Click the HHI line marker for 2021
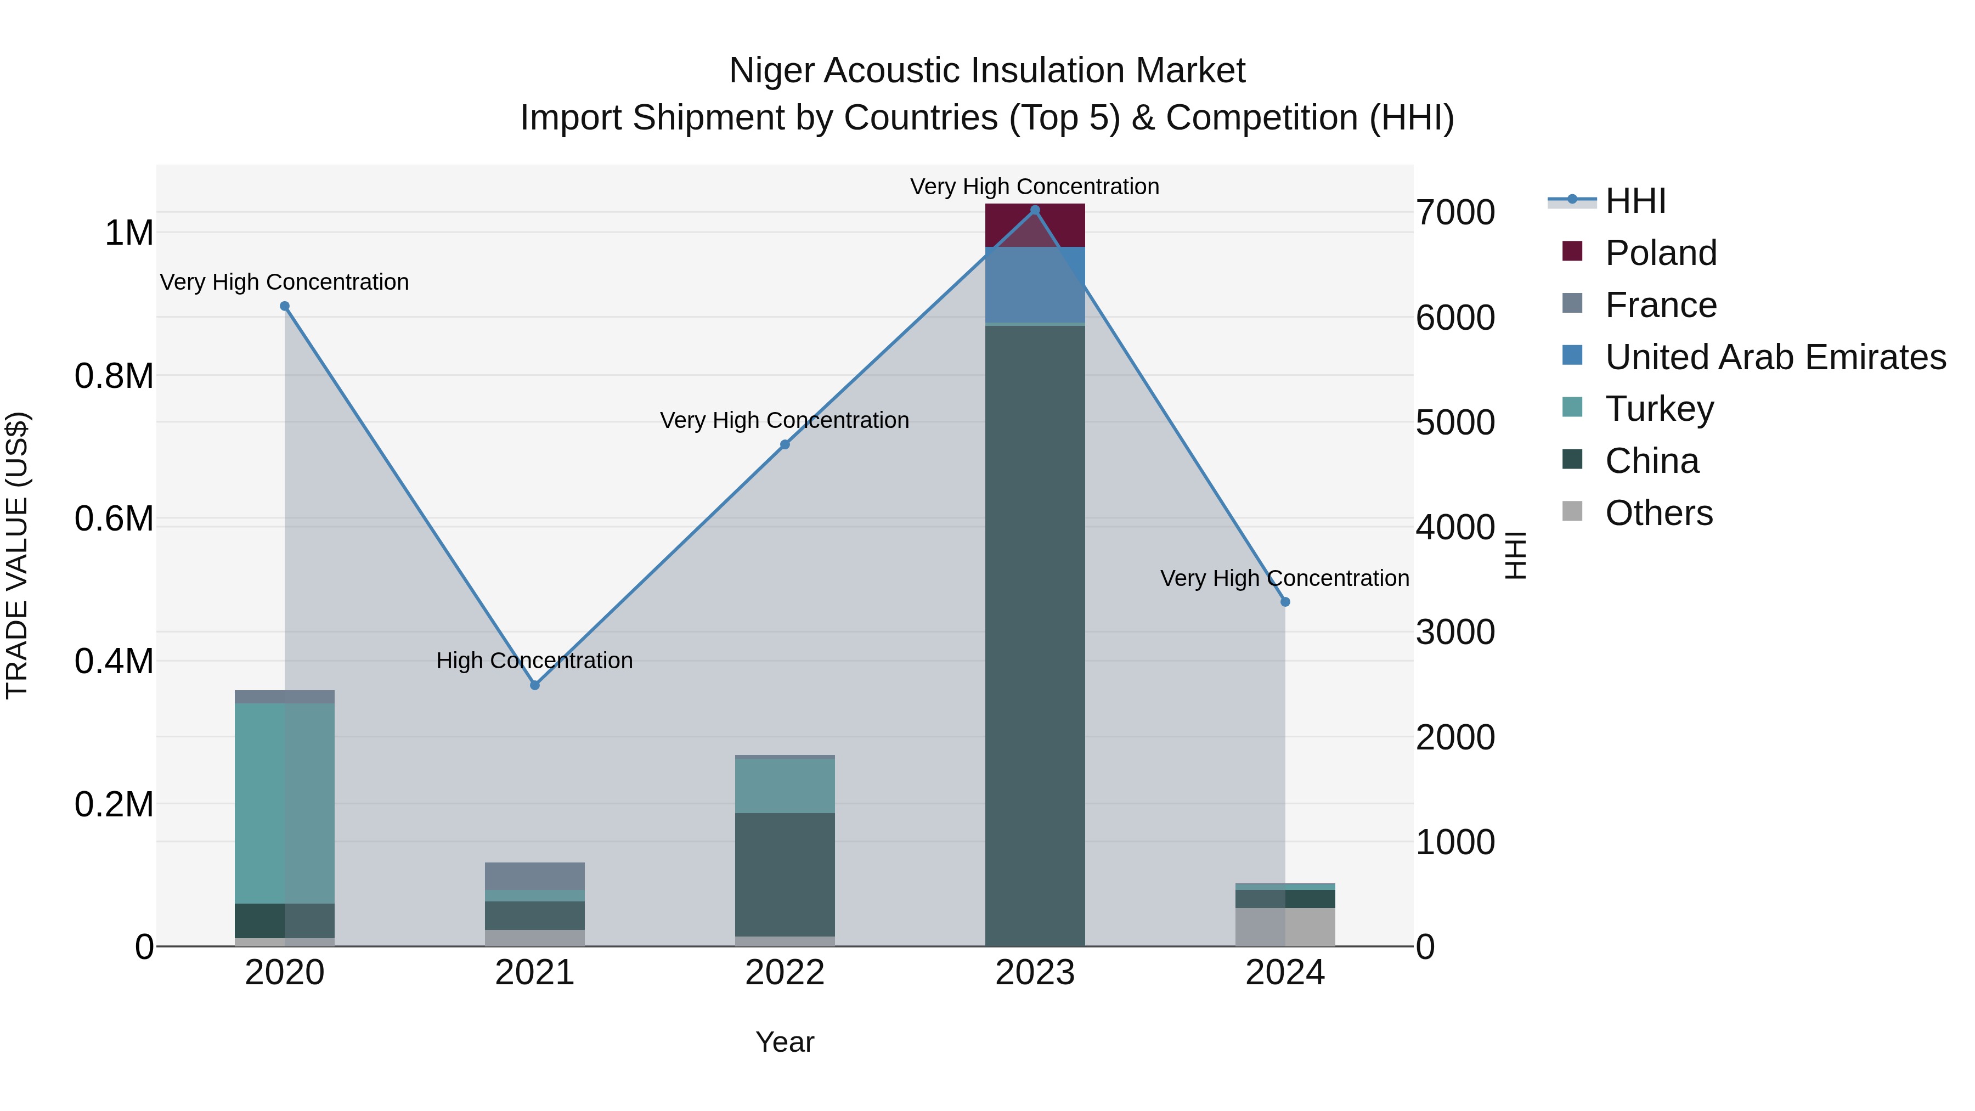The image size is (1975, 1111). [x=535, y=685]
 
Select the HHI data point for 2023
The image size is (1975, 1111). [x=1035, y=210]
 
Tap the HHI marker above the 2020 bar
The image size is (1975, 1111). [x=284, y=306]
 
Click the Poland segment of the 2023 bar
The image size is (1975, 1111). [x=1035, y=226]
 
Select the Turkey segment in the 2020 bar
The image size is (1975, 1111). [x=284, y=803]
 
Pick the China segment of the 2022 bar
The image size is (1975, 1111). [x=785, y=874]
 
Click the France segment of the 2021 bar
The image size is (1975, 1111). [x=535, y=876]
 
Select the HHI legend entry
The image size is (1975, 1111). [x=1635, y=201]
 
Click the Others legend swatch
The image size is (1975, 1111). [x=1572, y=511]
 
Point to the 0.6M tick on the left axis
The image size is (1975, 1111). [x=114, y=519]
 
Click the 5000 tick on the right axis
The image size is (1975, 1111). [x=1454, y=422]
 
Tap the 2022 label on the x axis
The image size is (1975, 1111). [x=785, y=973]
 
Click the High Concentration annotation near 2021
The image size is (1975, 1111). [x=534, y=660]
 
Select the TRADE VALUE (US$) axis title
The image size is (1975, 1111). [x=18, y=555]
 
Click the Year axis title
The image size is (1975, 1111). [x=785, y=1042]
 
